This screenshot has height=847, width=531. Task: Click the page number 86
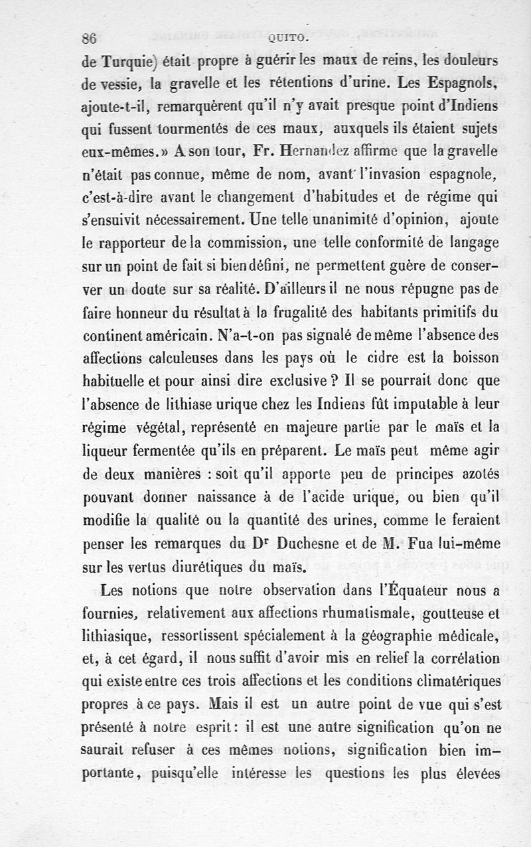pos(89,38)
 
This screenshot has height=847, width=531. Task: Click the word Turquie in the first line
pos(129,62)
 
